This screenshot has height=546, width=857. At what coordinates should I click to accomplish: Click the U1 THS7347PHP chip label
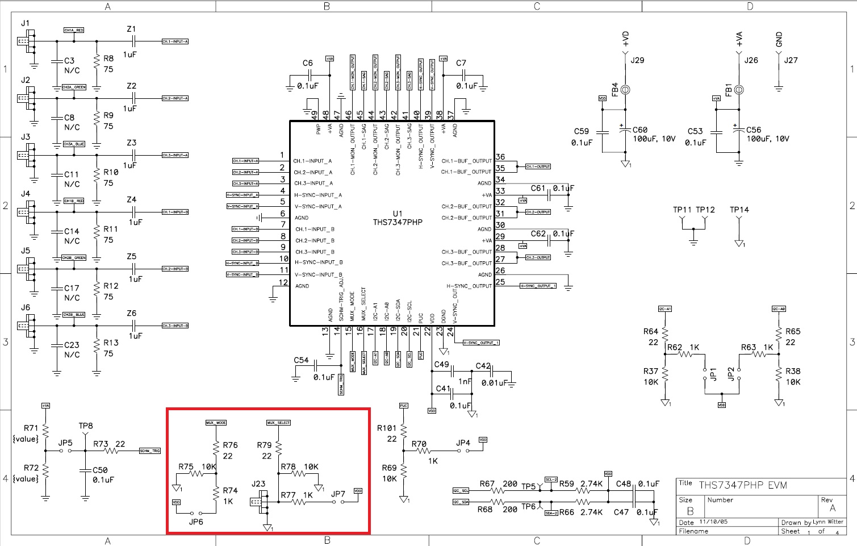click(x=398, y=218)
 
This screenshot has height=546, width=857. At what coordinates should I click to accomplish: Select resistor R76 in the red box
click(x=216, y=449)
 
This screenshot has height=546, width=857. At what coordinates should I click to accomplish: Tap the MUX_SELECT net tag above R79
click(x=278, y=423)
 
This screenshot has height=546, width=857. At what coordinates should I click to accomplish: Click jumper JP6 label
click(x=196, y=522)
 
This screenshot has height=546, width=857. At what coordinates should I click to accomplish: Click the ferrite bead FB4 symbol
click(x=625, y=90)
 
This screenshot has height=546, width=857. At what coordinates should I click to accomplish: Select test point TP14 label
click(x=739, y=210)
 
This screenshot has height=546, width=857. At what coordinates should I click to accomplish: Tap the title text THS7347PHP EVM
click(x=742, y=485)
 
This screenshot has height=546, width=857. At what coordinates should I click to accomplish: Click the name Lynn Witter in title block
click(x=827, y=522)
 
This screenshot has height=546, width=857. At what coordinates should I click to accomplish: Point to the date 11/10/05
click(x=713, y=522)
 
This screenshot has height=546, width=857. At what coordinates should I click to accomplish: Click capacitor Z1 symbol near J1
click(x=134, y=41)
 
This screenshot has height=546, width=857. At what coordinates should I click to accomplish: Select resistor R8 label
click(x=108, y=59)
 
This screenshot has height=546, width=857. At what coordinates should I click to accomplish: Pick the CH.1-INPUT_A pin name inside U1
click(x=313, y=161)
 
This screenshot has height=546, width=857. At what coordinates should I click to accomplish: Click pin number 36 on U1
click(x=500, y=157)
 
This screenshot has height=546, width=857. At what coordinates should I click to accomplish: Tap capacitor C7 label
click(x=461, y=63)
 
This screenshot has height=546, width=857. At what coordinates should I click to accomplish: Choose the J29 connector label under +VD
click(x=637, y=60)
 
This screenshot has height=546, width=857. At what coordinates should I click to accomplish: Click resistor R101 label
click(x=387, y=428)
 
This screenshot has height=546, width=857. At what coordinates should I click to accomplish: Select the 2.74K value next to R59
click(x=591, y=484)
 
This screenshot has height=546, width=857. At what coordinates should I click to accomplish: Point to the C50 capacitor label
click(x=100, y=470)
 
